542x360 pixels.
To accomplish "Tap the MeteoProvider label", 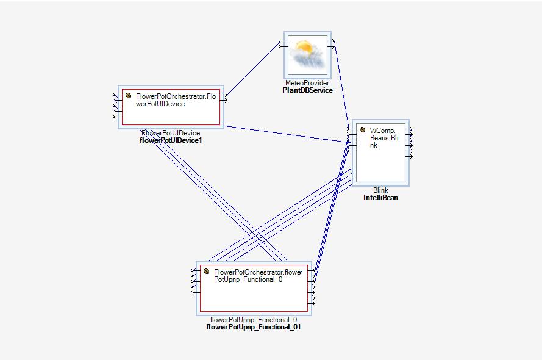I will coord(307,83).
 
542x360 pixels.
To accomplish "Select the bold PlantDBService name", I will coord(307,90).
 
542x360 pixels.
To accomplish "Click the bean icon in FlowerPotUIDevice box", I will coord(129,96).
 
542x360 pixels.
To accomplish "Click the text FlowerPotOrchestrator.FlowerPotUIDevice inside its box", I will coord(176,99).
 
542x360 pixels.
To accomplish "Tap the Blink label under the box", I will coord(380,190).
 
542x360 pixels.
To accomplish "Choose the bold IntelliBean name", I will coord(380,198).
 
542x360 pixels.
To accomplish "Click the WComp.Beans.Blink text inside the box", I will coord(383,137).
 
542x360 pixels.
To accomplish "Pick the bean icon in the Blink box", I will coord(362,129).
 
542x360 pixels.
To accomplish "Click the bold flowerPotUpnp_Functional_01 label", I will coord(254,327).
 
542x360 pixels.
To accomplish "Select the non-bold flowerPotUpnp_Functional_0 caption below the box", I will coord(254,320).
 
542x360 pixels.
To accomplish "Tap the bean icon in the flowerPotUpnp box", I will coord(207,272).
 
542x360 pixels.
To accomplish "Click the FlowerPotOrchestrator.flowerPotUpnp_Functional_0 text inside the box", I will coord(258,275).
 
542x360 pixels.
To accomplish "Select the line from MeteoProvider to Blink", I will coord(341,85).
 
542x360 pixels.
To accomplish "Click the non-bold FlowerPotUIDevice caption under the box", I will coord(171,133).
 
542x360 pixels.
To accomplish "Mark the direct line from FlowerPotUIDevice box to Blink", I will coord(287,134).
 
